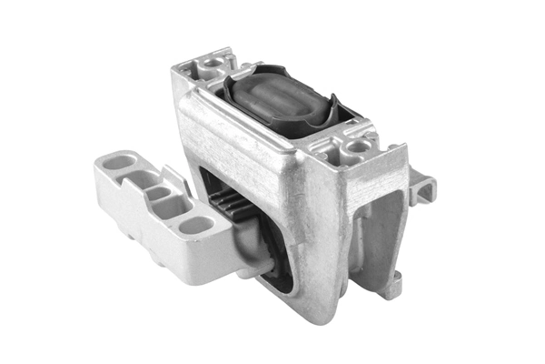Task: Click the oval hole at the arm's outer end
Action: click(x=119, y=162)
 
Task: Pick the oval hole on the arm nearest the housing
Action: click(x=193, y=225)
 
